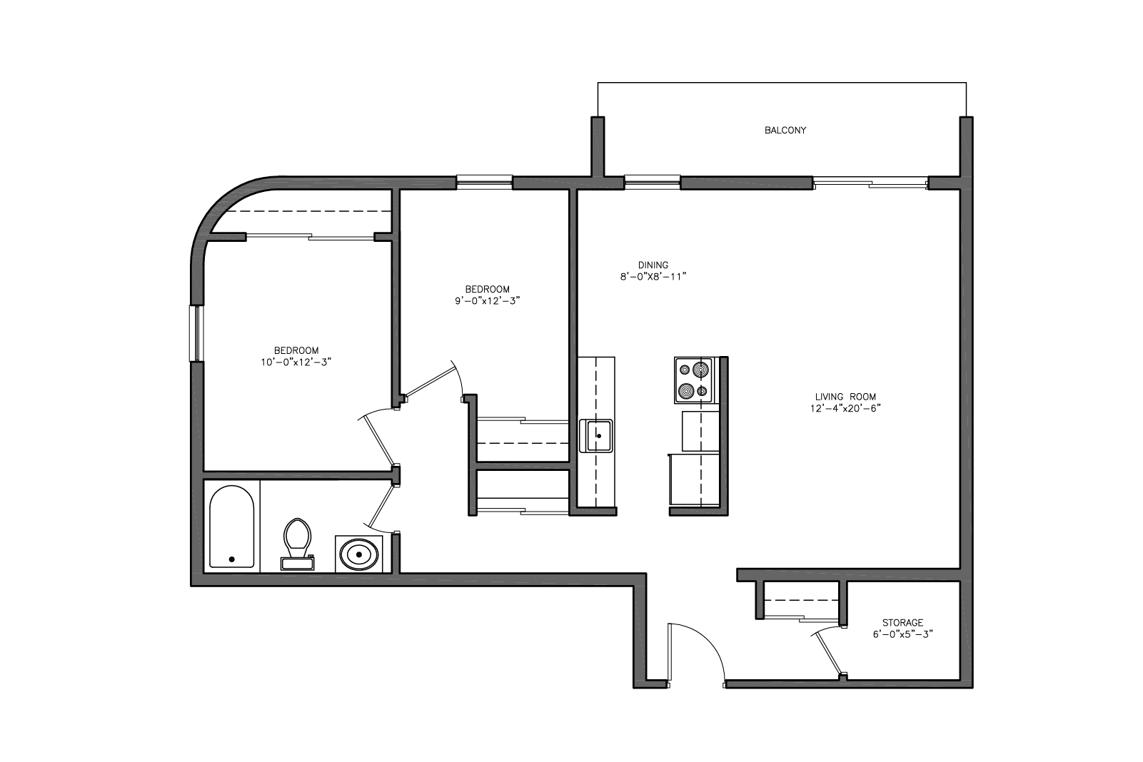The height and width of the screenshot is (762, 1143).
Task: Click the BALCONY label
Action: [785, 131]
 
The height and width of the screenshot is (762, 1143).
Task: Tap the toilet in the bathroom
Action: [298, 544]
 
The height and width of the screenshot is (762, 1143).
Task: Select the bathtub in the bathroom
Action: [231, 527]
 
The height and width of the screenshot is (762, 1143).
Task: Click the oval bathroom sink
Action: [359, 554]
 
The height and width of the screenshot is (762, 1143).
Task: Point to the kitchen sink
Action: [596, 435]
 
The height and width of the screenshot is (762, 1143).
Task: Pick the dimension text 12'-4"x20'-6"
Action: [845, 409]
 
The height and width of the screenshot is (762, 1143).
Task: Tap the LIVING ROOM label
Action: [845, 397]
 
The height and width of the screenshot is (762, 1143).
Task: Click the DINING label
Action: [653, 265]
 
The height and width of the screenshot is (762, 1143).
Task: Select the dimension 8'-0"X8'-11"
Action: [653, 277]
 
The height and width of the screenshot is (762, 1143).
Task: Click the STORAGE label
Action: [902, 623]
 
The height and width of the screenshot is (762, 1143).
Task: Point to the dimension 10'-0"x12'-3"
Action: [296, 362]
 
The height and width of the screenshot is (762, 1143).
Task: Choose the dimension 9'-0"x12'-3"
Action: [488, 301]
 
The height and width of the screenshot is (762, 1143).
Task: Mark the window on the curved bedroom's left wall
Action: [196, 334]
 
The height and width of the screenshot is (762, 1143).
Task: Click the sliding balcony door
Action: [870, 183]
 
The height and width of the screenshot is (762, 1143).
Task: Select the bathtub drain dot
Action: [231, 559]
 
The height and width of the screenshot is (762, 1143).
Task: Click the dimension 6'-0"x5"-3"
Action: [902, 634]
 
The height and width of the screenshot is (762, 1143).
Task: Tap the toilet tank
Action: [298, 563]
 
